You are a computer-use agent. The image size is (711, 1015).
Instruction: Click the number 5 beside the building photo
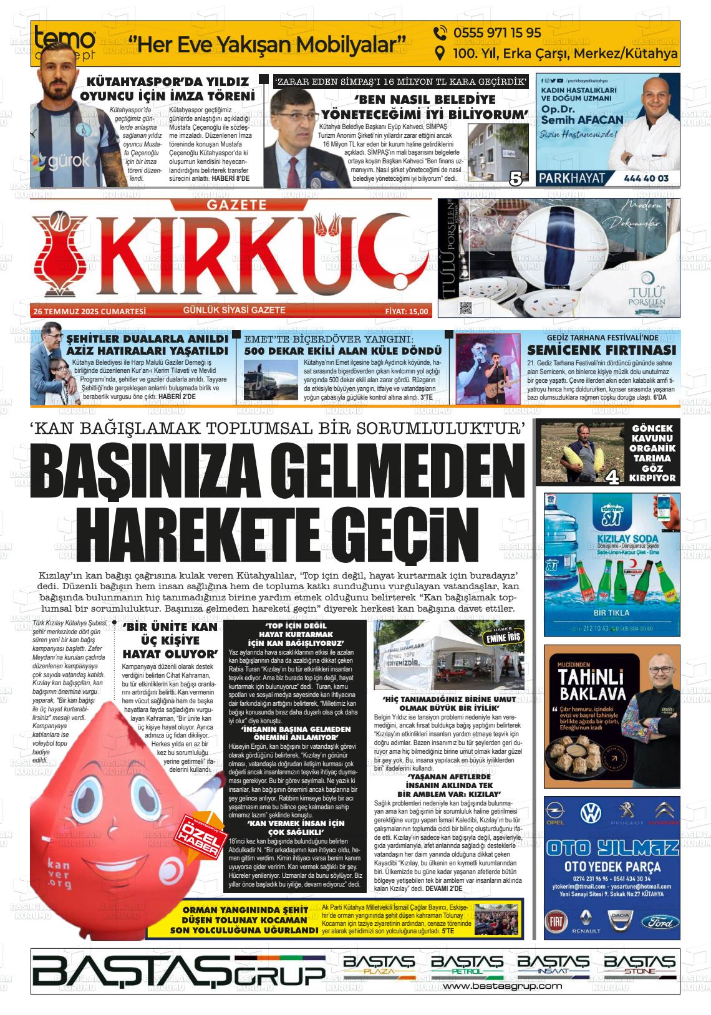coord(516,179)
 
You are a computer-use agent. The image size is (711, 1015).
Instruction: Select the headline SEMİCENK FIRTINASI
coord(602,350)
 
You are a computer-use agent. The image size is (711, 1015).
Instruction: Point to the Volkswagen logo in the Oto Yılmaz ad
coord(589,813)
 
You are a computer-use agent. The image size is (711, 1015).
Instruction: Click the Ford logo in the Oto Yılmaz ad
coord(659,921)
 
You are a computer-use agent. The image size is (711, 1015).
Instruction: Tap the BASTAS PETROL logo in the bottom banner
coord(467,966)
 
